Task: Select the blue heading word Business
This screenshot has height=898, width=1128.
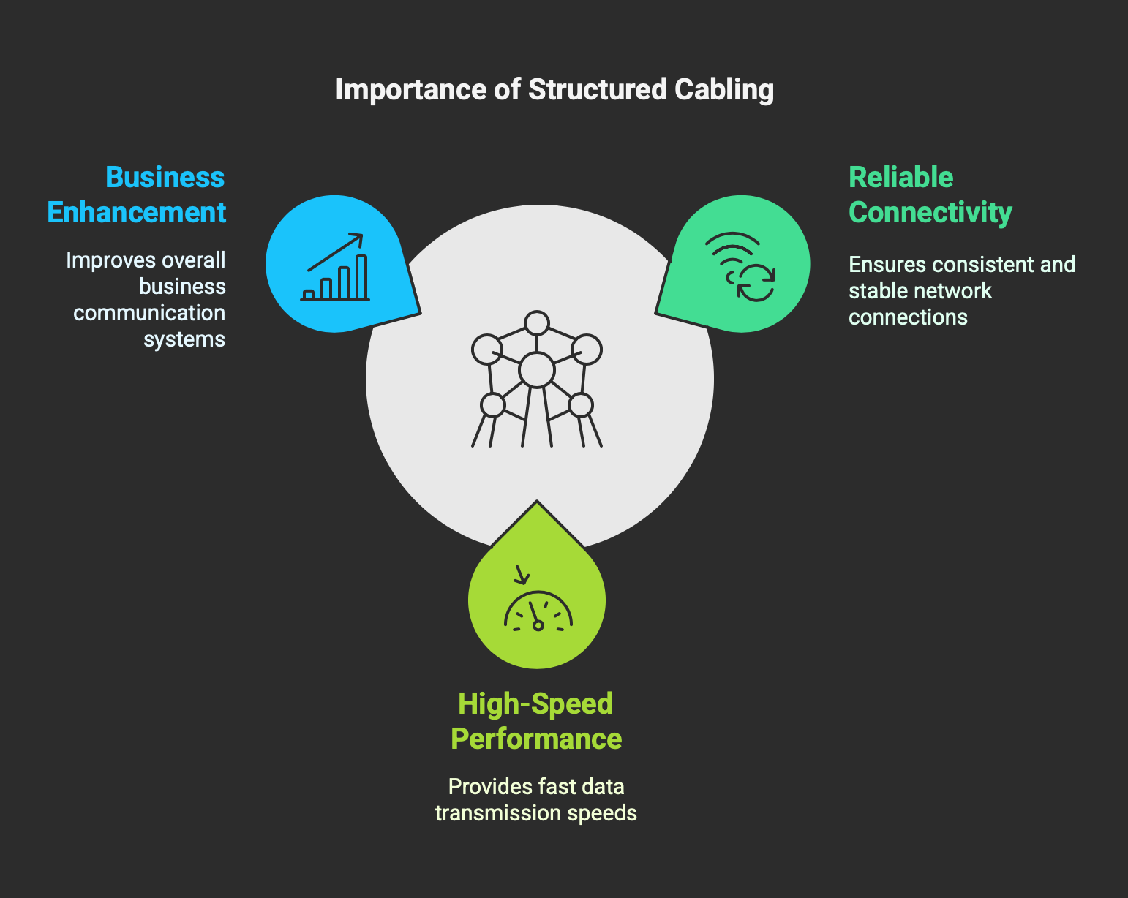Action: coord(165,178)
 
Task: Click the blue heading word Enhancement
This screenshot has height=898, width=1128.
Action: coord(137,213)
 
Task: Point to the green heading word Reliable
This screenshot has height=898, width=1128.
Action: coord(900,178)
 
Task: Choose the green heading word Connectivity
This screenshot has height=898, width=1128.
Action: coord(930,213)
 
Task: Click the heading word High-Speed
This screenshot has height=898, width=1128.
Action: coord(535,703)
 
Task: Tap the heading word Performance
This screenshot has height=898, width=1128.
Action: coord(536,739)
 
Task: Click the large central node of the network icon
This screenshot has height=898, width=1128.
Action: coord(537,369)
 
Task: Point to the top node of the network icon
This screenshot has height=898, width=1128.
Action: coord(537,323)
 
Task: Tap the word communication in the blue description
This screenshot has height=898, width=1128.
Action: coord(149,313)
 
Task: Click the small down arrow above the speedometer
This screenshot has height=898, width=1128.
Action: coord(521,575)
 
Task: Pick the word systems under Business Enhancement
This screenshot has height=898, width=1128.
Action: coord(184,339)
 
